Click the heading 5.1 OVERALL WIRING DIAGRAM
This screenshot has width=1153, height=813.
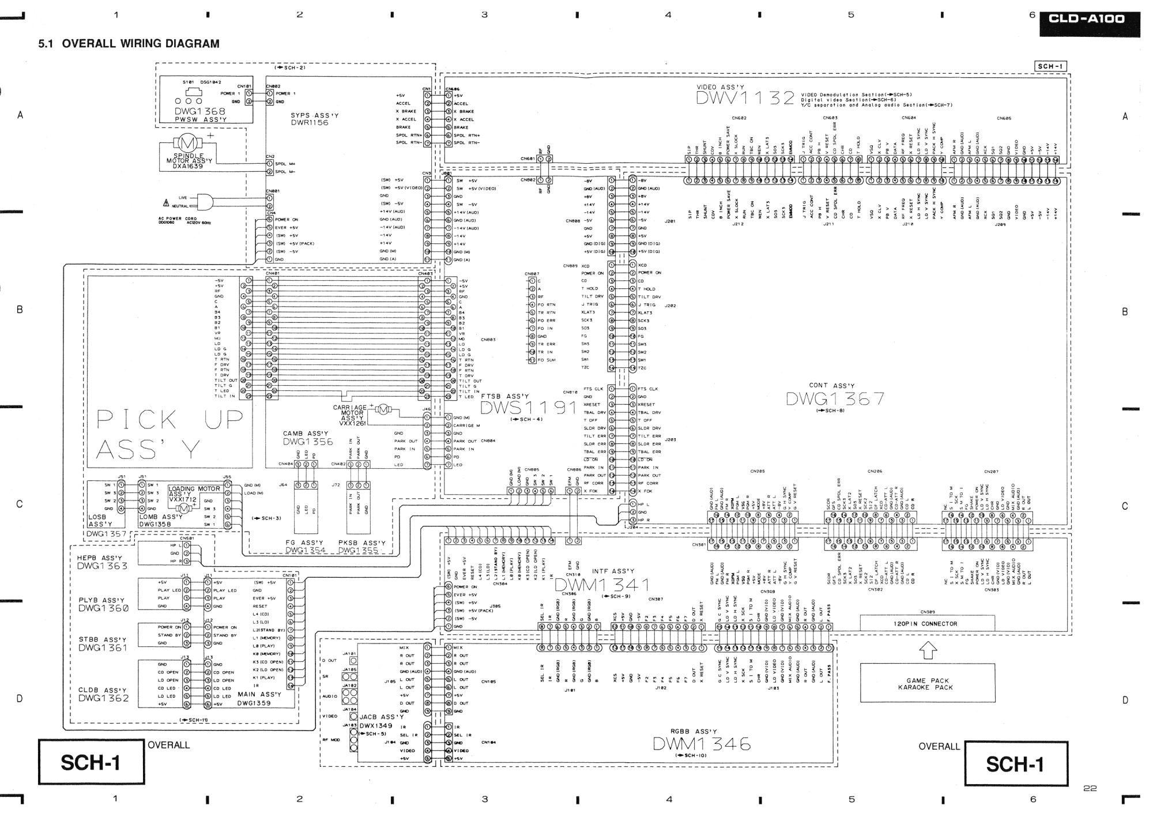tap(129, 44)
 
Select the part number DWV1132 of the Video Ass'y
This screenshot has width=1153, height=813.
tap(745, 98)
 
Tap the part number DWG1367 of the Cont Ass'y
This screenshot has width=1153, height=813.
tap(835, 399)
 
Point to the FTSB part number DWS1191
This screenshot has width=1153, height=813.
tap(528, 408)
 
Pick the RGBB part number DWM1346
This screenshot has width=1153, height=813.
tap(702, 744)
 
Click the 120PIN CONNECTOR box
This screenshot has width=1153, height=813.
tap(927, 624)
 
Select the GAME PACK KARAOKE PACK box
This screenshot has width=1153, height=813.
tap(927, 683)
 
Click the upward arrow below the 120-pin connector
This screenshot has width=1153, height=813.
tap(926, 650)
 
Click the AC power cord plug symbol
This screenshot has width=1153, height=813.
tap(204, 201)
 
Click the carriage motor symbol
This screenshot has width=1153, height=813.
tap(384, 410)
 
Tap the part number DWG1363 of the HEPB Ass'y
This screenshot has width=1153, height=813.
tap(103, 566)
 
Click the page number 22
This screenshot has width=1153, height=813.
tap(1090, 788)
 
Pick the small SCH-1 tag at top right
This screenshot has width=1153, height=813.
tap(1050, 66)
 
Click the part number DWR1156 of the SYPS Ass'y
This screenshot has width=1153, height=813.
tap(310, 123)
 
